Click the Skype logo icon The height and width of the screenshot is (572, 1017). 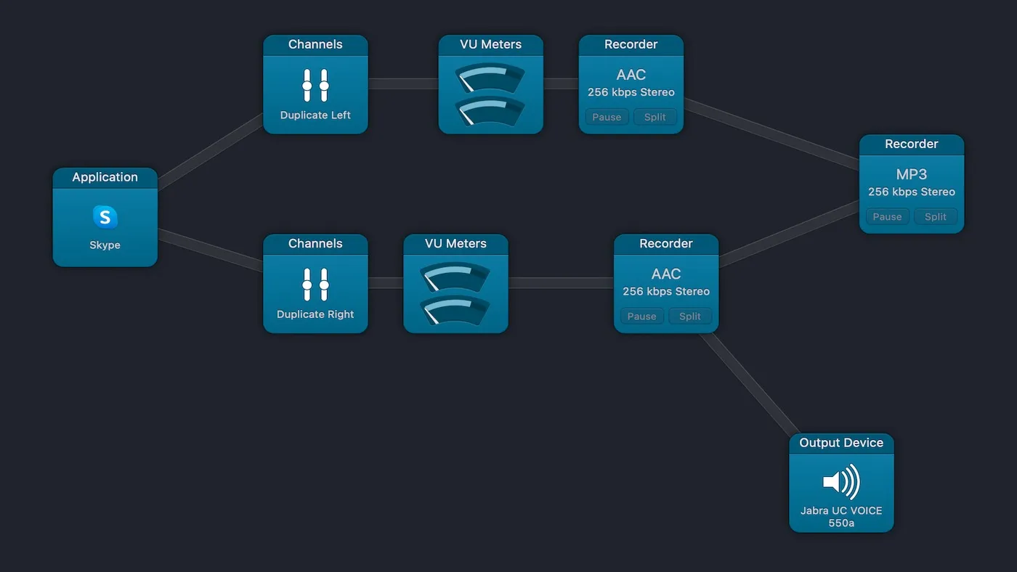pos(105,216)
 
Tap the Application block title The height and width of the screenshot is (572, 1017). pos(105,177)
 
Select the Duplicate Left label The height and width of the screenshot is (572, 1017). pos(315,115)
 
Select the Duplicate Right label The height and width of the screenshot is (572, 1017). pos(315,314)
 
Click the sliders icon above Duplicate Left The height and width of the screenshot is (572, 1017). pos(315,86)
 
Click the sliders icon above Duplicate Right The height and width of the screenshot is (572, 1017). pos(315,285)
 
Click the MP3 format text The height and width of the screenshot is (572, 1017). pos(912,174)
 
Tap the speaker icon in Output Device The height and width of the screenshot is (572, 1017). pos(841,481)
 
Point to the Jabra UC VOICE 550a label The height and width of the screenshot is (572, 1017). pos(841,516)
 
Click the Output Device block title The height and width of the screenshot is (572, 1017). pos(841,443)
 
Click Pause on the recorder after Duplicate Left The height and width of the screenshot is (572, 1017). pos(607,117)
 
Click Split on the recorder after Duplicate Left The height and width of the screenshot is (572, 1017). pos(655,117)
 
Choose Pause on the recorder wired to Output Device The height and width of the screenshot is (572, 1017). pos(641,316)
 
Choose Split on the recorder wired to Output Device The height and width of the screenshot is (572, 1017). pos(690,316)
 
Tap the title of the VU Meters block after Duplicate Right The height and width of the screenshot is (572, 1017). pos(455,244)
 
